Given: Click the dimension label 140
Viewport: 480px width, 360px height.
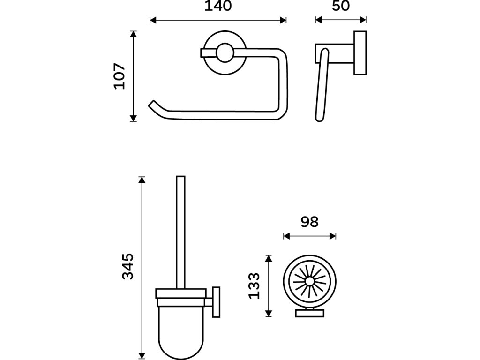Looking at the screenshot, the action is tap(217, 7).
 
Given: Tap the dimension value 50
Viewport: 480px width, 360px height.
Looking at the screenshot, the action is tap(341, 7).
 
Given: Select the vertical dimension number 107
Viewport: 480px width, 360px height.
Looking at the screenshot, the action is tap(120, 76).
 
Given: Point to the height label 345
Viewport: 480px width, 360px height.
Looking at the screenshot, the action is tap(128, 266).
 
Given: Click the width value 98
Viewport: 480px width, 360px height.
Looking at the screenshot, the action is tap(309, 222).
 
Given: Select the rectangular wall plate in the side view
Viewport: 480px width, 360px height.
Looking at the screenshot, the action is tap(360, 53).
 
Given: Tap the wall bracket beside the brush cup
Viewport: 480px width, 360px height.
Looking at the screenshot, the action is tap(216, 302).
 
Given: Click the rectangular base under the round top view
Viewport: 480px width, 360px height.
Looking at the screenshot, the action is tap(309, 314).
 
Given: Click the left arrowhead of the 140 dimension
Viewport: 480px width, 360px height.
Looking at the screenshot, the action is tap(152, 20).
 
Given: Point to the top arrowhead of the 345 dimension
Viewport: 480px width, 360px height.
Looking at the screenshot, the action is tap(142, 179).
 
